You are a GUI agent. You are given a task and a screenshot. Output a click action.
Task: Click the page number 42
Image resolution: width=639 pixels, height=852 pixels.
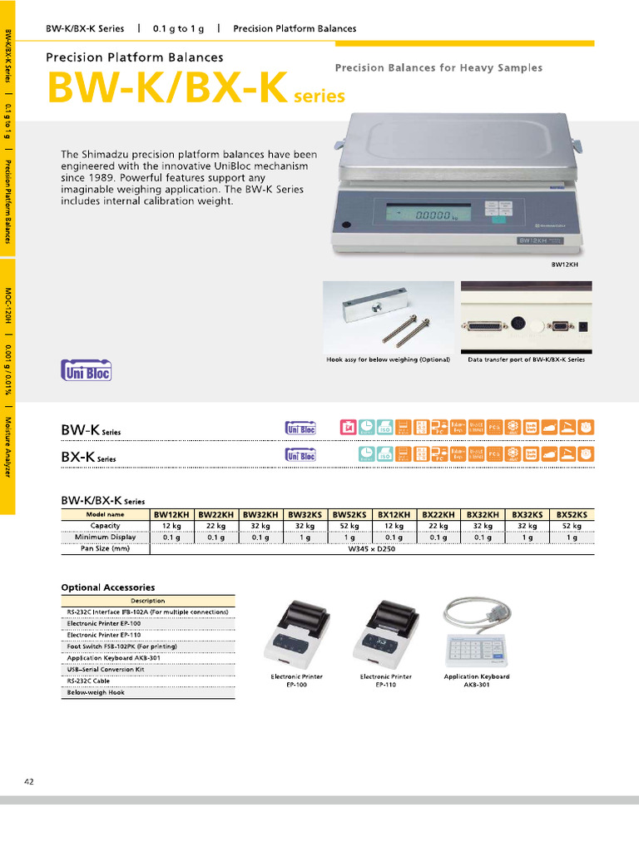(x=29, y=781)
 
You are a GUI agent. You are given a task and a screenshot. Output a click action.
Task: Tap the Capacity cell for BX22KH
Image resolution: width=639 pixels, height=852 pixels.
(x=438, y=526)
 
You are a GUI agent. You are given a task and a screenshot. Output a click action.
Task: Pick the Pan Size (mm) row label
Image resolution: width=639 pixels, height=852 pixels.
(x=105, y=548)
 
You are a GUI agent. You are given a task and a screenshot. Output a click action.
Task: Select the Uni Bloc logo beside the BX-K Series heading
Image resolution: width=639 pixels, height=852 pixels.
(x=300, y=455)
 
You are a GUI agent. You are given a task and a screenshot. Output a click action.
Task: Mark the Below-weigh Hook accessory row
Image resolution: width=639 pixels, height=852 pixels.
(x=97, y=692)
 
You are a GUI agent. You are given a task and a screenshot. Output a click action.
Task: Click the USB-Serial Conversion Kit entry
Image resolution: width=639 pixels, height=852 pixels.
(x=106, y=669)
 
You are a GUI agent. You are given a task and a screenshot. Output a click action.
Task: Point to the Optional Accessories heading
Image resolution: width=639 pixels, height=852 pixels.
(x=107, y=587)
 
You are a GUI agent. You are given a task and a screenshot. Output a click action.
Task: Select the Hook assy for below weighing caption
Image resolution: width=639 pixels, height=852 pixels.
(x=388, y=359)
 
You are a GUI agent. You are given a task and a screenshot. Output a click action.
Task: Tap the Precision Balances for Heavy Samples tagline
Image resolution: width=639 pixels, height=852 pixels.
(x=438, y=68)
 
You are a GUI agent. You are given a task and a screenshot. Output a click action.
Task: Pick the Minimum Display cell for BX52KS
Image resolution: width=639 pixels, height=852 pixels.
(x=572, y=537)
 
